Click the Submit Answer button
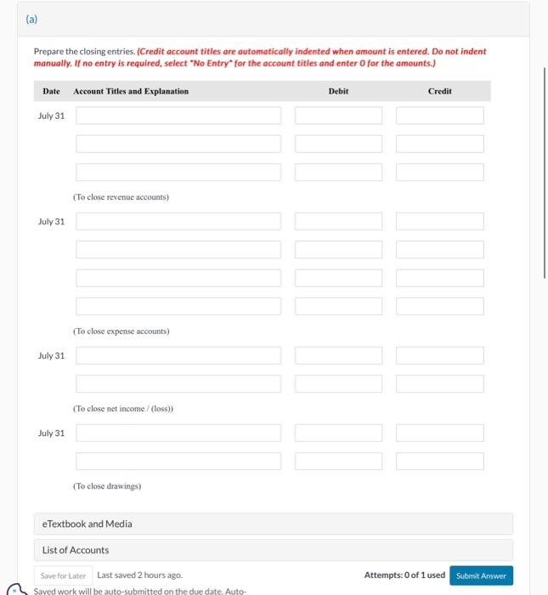click(x=481, y=575)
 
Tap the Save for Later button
click(x=64, y=575)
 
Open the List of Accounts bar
click(x=274, y=550)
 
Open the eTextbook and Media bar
click(x=274, y=524)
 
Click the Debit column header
click(x=338, y=91)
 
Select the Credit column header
click(x=440, y=91)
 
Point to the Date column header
click(x=51, y=91)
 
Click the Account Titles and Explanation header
click(x=131, y=91)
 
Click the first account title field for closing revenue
click(x=178, y=116)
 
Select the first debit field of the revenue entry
click(x=339, y=116)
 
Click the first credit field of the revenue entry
click(x=440, y=116)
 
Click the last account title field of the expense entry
click(x=178, y=306)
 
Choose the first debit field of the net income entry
click(x=339, y=356)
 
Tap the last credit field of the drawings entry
click(x=440, y=462)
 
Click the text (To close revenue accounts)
click(x=121, y=197)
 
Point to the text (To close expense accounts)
click(x=121, y=331)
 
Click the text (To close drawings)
click(x=107, y=486)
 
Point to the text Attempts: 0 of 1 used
click(x=404, y=575)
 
